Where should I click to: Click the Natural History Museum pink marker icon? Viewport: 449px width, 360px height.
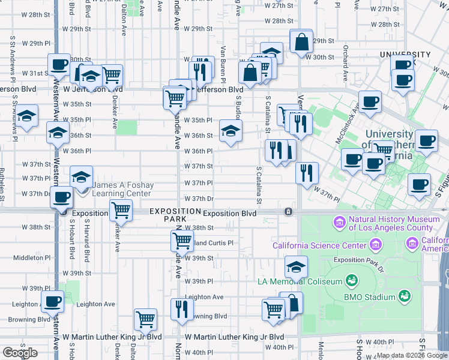pos(340,223)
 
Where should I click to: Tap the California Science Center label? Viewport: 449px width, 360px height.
pos(319,245)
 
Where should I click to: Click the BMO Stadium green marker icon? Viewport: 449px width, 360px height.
pos(405,296)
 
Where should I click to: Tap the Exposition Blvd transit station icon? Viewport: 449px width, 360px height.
pos(289,212)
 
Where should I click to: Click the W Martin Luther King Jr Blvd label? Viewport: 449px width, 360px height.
pos(235,337)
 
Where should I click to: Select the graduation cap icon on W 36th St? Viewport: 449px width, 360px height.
pos(231,131)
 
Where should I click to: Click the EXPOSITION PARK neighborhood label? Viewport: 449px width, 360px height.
pos(175,215)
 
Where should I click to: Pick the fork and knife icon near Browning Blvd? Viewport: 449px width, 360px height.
pos(181,308)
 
